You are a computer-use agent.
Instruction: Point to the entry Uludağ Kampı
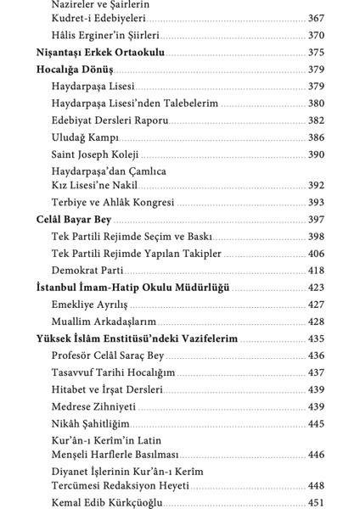(x=85, y=137)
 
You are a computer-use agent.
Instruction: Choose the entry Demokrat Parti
(x=87, y=270)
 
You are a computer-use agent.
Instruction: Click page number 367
(x=316, y=19)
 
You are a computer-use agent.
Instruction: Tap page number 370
(x=316, y=36)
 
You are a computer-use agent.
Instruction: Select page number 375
(x=316, y=53)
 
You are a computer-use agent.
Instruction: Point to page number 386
(x=316, y=137)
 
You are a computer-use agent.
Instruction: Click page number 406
(x=316, y=253)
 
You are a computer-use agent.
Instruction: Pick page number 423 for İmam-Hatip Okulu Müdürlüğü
(x=316, y=288)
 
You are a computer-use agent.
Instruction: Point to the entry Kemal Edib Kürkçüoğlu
(x=111, y=503)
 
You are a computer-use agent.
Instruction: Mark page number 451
(x=316, y=503)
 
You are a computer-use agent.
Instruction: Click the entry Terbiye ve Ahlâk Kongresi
(x=113, y=203)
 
